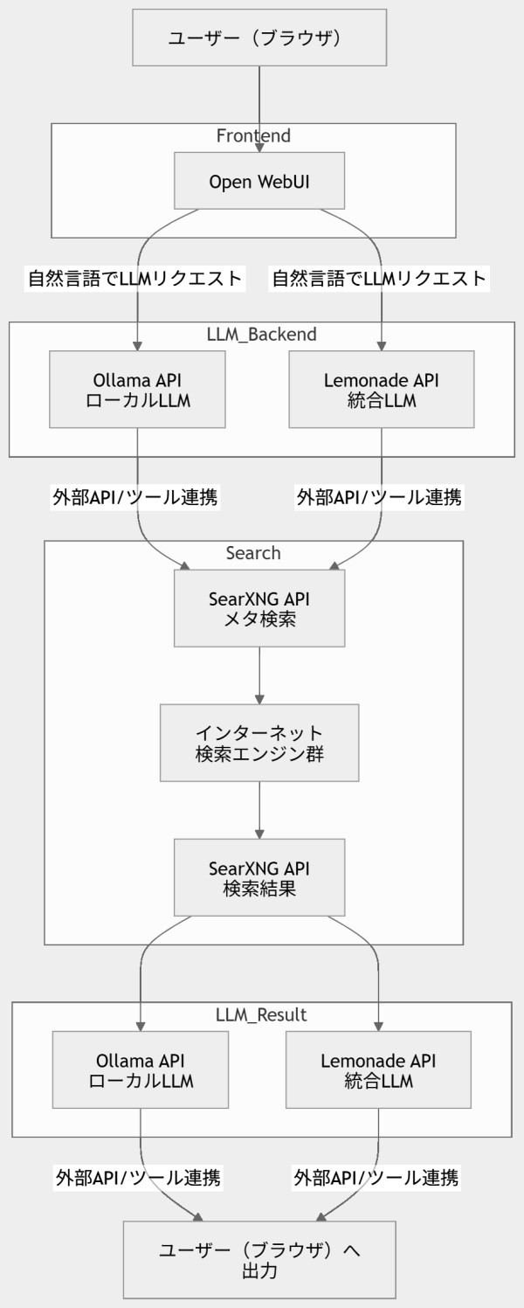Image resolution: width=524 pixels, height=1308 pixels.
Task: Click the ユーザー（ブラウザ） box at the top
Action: pos(259,38)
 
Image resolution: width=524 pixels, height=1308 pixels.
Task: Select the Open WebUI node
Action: pos(259,182)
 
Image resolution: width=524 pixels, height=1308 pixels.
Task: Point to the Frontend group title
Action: pos(253,136)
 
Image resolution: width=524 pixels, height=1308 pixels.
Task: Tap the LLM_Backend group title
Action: pos(261,335)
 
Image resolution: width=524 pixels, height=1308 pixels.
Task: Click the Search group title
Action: pos(253,553)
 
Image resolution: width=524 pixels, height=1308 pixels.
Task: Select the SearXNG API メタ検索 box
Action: pos(259,609)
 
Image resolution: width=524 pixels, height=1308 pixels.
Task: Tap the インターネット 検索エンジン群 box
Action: pos(259,743)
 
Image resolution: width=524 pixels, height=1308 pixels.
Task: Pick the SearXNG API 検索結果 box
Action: pos(259,877)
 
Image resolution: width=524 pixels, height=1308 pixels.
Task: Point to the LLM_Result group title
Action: pos(261,1015)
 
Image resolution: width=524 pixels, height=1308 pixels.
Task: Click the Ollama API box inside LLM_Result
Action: pos(141,1070)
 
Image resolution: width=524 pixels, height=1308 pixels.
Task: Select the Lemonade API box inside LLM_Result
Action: pos(378,1070)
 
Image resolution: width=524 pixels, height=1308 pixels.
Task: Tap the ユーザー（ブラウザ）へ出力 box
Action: pos(259,1259)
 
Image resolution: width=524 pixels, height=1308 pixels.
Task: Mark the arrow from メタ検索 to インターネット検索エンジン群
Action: pos(259,675)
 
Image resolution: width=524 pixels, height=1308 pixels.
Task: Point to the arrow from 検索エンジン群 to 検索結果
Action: pos(259,808)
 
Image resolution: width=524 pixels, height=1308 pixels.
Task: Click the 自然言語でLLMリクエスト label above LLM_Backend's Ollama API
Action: pos(134,280)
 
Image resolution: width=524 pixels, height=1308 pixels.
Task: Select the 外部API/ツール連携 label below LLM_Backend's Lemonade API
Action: pos(380,497)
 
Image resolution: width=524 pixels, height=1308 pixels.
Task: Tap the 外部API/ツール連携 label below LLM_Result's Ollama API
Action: pos(138,1177)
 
